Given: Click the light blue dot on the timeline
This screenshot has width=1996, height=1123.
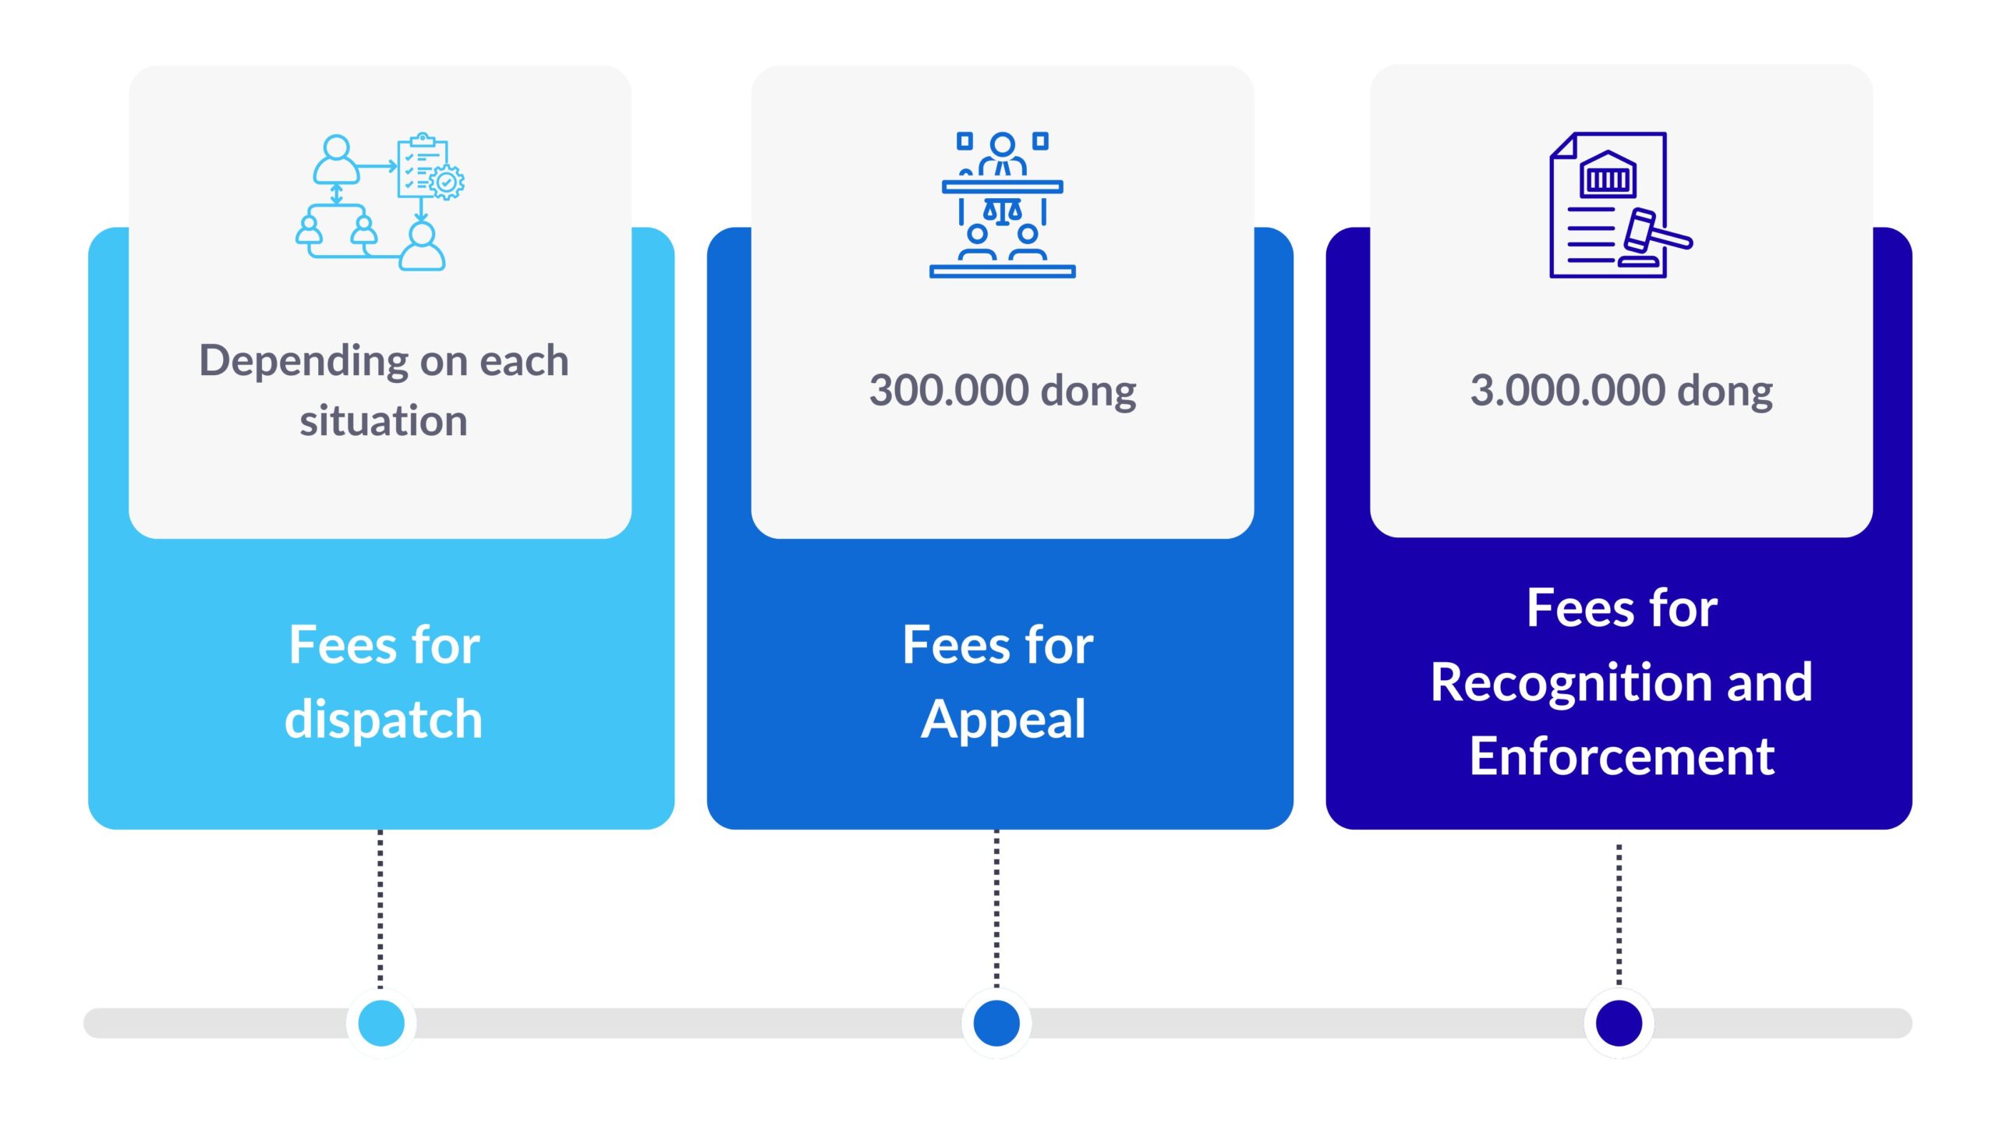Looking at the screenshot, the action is [x=380, y=1022].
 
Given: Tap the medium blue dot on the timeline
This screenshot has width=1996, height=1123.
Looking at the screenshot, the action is [x=996, y=1022].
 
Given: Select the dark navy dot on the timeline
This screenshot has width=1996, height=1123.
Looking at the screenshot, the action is [x=1619, y=1022].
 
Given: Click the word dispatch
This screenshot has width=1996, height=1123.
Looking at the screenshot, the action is [x=384, y=718].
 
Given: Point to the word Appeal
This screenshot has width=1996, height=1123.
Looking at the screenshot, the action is [x=1003, y=720].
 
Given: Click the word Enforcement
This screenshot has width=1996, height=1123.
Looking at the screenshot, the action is [x=1622, y=756].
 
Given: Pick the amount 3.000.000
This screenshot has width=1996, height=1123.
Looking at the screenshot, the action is [x=1568, y=390].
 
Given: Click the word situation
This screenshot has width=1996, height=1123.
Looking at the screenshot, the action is [x=384, y=421].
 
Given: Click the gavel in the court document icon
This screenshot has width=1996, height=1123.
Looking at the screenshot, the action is [x=1655, y=237].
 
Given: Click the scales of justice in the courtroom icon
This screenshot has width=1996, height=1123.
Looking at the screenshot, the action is [x=1003, y=211].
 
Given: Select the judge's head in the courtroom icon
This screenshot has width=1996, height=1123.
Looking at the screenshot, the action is [x=1003, y=144].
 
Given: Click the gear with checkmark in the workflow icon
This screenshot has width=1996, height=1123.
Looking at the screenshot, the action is [x=447, y=182].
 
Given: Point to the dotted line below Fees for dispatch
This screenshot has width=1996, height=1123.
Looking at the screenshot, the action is [x=380, y=909].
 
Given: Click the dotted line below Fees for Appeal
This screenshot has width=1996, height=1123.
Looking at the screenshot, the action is [x=996, y=909].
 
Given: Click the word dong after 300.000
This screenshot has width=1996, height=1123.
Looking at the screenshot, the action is [x=1088, y=392].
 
